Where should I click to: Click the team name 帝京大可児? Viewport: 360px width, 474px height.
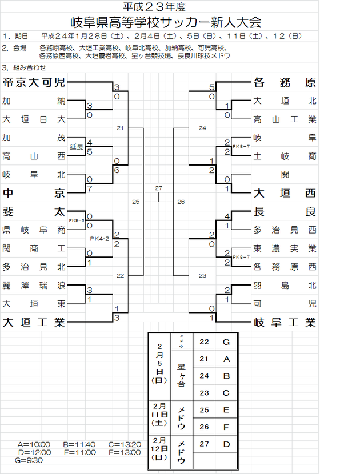tap(34, 82)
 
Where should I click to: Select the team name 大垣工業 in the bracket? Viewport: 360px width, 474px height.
tap(34, 322)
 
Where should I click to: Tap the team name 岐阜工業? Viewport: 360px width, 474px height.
tap(285, 322)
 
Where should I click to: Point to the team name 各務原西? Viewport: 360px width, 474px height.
tap(285, 266)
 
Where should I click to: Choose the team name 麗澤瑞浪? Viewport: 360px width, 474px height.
tap(34, 285)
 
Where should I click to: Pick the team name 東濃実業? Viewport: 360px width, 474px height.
tap(285, 248)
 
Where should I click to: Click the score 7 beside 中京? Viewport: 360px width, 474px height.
tap(90, 188)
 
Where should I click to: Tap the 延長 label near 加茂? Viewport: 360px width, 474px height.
tap(77, 147)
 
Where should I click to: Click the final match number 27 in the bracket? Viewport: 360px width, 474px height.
tap(158, 188)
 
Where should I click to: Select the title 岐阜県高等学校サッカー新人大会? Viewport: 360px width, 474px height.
tap(165, 23)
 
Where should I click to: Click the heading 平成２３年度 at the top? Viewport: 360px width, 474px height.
tap(164, 7)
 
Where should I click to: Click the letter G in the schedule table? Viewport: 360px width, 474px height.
tap(226, 342)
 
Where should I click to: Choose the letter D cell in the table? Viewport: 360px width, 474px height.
tap(226, 444)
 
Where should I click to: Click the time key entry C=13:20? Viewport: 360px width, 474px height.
tap(128, 444)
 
